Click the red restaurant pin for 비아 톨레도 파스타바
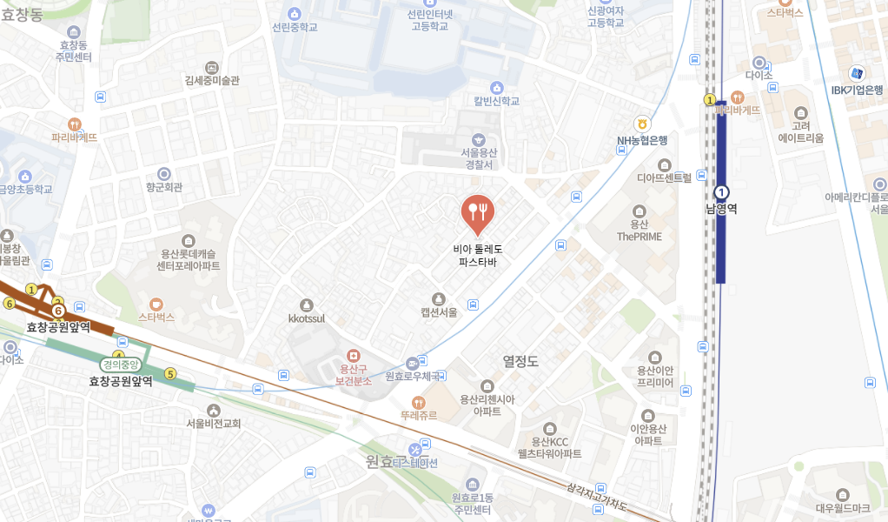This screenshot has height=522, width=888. click(x=477, y=211)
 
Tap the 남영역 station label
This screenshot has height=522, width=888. click(x=721, y=209)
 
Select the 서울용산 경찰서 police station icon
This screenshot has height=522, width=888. click(x=478, y=140)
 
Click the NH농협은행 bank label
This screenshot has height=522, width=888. click(x=642, y=140)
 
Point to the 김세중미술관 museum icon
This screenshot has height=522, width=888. click(x=211, y=67)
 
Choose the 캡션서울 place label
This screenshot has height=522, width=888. click(x=439, y=312)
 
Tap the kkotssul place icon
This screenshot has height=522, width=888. click(x=306, y=304)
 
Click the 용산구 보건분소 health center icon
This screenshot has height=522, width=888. click(x=353, y=356)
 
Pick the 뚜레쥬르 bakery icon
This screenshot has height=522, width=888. click(x=418, y=403)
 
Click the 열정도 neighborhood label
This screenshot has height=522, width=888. click(x=520, y=361)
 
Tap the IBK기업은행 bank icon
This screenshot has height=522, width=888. click(x=857, y=73)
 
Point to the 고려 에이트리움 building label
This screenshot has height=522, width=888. click(x=800, y=131)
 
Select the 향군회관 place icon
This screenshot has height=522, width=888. click(x=163, y=173)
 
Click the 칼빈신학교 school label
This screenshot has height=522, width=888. click(x=496, y=101)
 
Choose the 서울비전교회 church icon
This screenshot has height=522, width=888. click(x=213, y=410)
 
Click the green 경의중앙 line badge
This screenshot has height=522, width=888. click(x=120, y=365)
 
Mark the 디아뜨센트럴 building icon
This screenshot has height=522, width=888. click(x=665, y=164)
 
